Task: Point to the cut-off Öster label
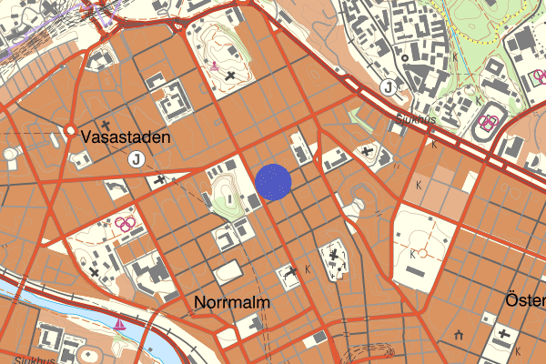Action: (x=525, y=300)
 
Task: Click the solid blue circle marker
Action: (x=272, y=180)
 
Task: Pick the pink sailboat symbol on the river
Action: (x=120, y=323)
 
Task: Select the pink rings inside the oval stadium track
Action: (x=490, y=123)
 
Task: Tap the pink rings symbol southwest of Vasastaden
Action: (x=126, y=222)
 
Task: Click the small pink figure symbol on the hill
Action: (x=214, y=66)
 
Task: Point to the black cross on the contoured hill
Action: (x=231, y=75)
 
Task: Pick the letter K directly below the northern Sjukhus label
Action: (x=434, y=144)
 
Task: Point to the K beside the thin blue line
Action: (x=454, y=56)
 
